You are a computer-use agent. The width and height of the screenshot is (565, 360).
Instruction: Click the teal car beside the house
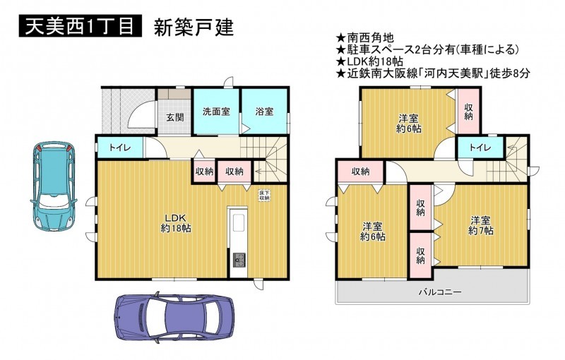(54, 186)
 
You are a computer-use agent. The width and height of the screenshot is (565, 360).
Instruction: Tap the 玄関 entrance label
(175, 117)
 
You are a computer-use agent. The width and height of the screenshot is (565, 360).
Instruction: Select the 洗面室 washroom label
(216, 112)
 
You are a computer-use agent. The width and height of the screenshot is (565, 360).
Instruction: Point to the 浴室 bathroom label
(264, 112)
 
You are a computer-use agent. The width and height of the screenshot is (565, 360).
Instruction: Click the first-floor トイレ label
(120, 148)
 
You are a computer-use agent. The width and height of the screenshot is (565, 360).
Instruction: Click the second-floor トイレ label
(480, 148)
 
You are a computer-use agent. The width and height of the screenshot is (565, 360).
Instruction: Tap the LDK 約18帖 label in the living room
(175, 223)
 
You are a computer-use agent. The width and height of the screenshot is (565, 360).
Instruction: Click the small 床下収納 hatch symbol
(264, 195)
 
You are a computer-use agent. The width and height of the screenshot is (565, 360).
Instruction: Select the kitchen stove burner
(239, 260)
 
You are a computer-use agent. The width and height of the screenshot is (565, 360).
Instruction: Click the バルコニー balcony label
(439, 292)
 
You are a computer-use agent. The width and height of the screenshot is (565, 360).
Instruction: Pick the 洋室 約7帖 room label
(481, 226)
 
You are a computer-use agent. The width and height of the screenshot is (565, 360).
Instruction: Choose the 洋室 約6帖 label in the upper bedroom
(409, 124)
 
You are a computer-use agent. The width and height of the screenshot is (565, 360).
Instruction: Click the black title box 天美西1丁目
(80, 25)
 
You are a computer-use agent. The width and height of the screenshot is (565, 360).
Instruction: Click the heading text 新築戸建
(194, 27)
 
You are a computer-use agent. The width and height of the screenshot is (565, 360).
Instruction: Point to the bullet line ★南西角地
(364, 37)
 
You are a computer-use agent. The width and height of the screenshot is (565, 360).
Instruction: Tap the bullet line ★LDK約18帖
(369, 61)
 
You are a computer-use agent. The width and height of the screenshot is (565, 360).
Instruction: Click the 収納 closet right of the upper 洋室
(468, 112)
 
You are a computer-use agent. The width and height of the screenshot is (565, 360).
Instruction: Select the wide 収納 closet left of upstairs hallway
(360, 172)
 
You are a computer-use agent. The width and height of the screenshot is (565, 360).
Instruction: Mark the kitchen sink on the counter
(239, 223)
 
